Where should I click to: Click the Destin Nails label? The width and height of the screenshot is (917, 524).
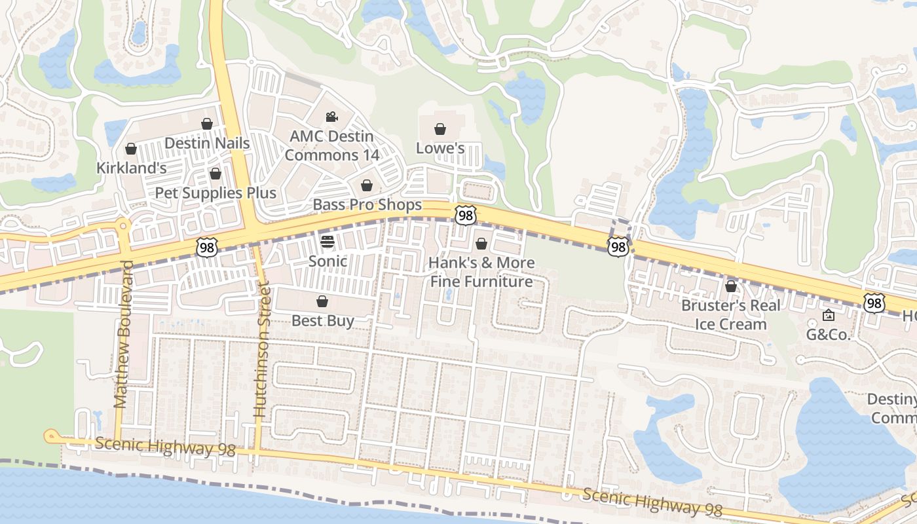click(207, 143)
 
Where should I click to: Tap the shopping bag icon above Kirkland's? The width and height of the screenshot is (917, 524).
click(131, 149)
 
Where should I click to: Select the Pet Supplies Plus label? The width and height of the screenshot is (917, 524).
click(215, 193)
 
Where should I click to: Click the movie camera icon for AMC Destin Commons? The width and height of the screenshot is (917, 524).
click(331, 117)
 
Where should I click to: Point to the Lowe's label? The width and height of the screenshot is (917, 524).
click(440, 148)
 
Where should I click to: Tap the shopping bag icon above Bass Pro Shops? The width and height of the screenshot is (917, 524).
click(367, 185)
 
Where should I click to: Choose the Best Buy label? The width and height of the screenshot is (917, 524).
click(322, 320)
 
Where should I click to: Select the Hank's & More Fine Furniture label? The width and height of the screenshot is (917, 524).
click(481, 272)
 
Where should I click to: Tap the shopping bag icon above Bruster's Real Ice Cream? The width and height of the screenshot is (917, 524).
click(731, 286)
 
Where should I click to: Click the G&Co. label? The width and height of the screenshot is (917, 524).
click(828, 335)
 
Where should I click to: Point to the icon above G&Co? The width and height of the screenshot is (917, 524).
click(828, 316)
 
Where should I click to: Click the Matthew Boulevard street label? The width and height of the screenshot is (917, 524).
click(123, 334)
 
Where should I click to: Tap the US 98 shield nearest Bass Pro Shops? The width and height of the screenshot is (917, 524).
click(465, 215)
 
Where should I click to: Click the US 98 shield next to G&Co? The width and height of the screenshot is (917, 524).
click(874, 303)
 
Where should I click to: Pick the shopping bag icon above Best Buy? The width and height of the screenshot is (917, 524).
click(322, 301)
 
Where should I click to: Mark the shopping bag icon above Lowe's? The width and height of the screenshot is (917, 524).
click(440, 129)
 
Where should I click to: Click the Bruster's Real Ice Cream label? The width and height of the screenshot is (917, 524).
click(731, 314)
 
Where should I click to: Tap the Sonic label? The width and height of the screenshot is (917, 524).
click(327, 261)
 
